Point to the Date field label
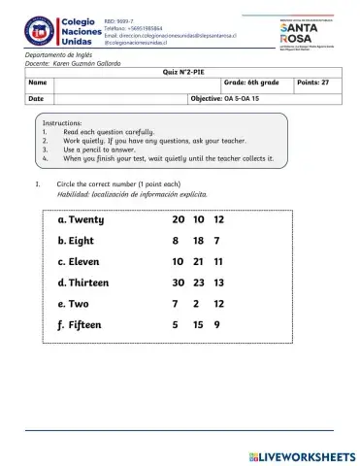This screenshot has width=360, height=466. (36, 99)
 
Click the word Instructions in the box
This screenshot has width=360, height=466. (67, 122)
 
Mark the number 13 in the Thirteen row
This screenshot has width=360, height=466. (219, 283)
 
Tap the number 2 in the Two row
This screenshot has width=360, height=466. (197, 304)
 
